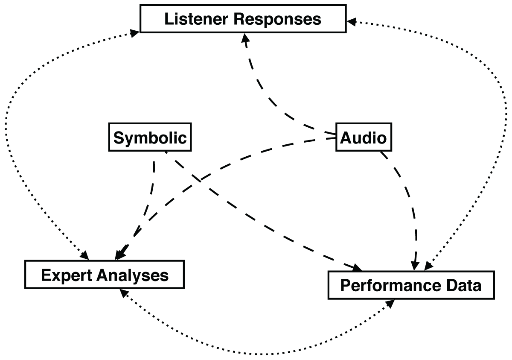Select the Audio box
363,138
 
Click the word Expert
66,275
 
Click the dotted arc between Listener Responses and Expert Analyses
17,128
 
